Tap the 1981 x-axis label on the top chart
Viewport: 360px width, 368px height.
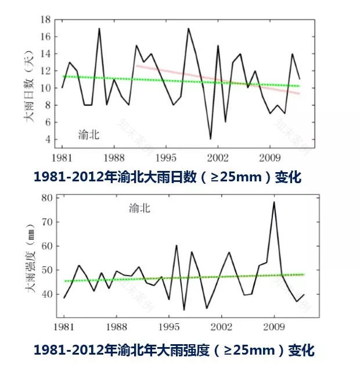63,158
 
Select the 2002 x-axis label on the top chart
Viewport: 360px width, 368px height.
218,158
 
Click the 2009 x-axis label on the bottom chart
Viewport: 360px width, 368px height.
273,326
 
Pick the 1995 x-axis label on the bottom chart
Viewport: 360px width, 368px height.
169,326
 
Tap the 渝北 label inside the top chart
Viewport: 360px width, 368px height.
89,134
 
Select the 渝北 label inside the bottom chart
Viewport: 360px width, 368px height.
139,208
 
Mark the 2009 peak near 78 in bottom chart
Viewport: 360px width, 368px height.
273,202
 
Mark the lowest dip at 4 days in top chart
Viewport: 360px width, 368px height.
210,138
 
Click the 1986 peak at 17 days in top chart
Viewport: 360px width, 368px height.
99,28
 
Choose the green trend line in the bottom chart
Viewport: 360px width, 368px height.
174,278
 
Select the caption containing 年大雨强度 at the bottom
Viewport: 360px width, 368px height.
174,350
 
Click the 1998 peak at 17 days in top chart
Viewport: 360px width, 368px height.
188,28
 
